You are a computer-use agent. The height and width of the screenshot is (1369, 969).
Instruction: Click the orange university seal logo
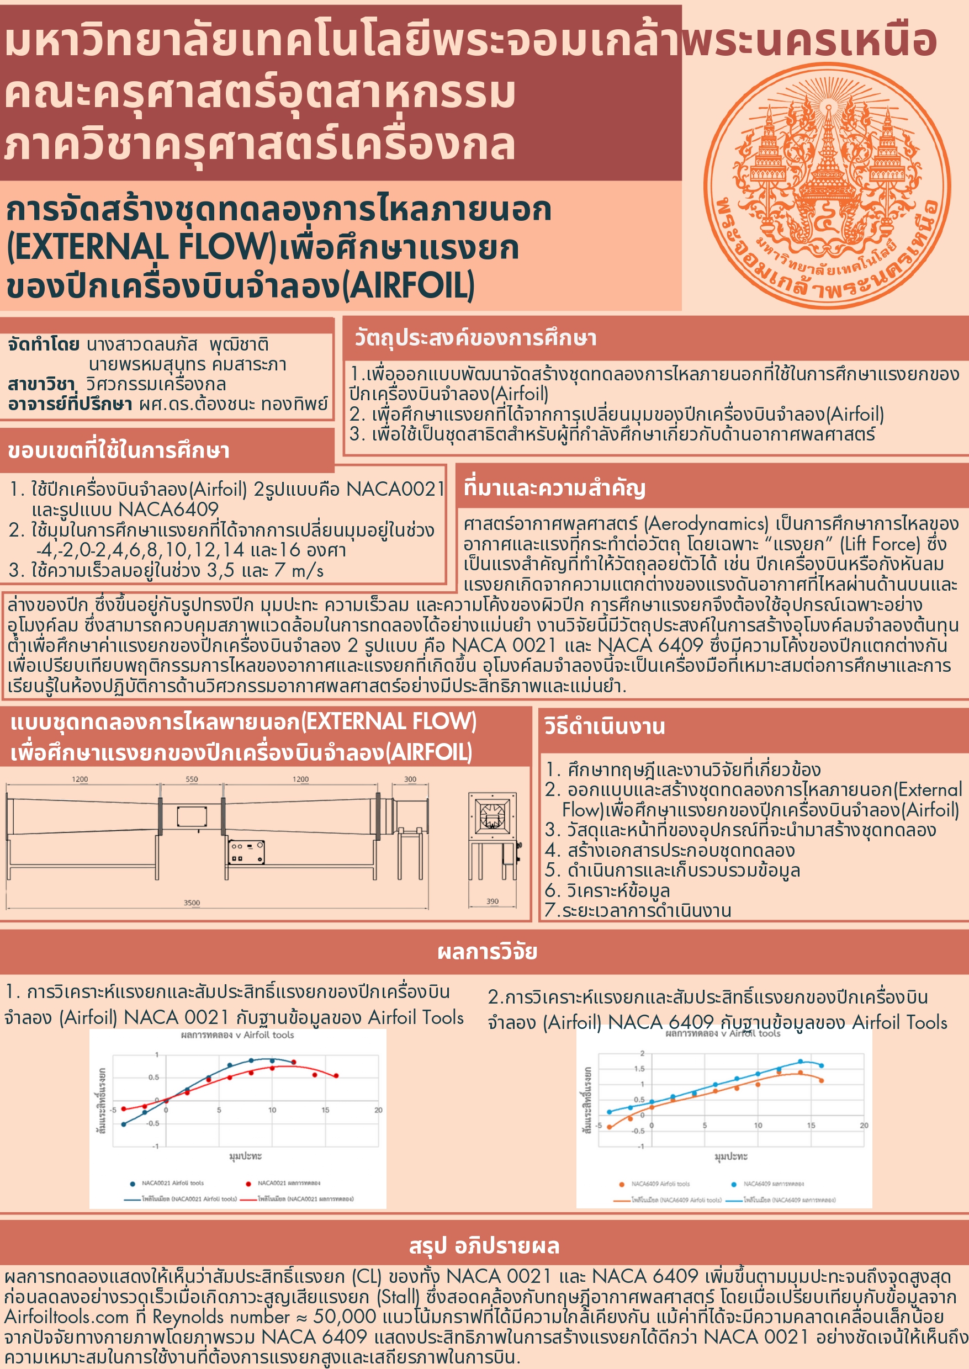point(827,186)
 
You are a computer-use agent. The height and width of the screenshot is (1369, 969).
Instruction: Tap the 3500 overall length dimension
point(192,903)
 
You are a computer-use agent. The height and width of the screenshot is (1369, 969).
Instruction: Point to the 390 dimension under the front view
point(493,901)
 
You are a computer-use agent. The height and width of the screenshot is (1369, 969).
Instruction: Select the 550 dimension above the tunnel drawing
point(192,779)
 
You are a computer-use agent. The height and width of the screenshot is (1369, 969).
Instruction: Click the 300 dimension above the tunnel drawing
point(410,779)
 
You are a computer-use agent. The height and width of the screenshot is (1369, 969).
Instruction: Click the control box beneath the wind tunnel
point(246,852)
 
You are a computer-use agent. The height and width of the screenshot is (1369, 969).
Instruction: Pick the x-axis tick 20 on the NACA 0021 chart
point(378,1110)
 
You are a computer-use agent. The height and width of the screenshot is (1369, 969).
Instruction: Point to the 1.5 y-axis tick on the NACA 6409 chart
point(639,1069)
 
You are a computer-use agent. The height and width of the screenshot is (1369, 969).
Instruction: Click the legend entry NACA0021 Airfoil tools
point(172,1183)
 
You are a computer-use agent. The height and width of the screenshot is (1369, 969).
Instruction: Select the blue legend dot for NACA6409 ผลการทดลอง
point(734,1184)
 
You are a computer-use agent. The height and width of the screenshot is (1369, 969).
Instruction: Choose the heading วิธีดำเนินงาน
point(604,726)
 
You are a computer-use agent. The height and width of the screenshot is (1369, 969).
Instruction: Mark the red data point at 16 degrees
point(336,1076)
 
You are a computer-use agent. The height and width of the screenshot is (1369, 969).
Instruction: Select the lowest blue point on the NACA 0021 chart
point(124,1124)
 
